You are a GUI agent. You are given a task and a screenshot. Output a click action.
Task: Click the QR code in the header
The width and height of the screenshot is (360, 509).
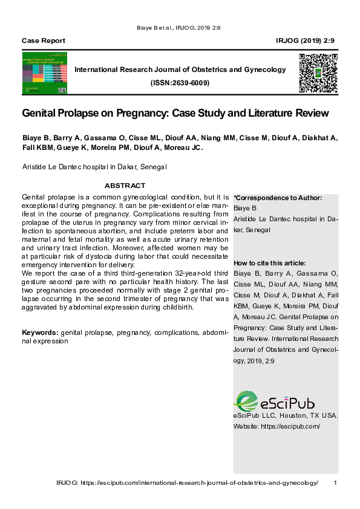318,73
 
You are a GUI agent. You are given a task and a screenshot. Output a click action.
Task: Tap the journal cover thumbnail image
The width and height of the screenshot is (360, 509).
44,74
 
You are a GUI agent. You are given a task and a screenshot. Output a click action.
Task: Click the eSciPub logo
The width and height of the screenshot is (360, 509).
274,402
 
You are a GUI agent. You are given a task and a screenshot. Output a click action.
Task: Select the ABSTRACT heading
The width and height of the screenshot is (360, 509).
125,186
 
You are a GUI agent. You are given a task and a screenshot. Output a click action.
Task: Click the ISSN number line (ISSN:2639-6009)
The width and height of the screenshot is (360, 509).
180,83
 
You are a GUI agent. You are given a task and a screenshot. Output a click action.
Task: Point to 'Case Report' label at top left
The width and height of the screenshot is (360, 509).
44,41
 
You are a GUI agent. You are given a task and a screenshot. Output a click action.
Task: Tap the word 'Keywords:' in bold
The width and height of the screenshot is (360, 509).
41,332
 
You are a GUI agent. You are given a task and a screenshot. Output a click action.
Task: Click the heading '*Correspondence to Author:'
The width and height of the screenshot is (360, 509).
278,198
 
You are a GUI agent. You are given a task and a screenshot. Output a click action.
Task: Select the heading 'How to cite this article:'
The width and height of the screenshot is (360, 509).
269,263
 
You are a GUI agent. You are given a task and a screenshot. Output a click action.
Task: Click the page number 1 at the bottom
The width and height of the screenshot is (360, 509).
335,482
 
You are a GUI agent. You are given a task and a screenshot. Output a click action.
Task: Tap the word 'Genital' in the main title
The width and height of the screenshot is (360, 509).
40,113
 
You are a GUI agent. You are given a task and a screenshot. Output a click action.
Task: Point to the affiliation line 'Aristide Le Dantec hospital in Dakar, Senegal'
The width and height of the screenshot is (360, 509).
94,166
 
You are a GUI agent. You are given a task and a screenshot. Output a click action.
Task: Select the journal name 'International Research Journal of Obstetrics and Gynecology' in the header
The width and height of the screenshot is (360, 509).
180,70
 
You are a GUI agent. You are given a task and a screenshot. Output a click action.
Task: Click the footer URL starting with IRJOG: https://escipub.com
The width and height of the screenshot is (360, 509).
187,482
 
